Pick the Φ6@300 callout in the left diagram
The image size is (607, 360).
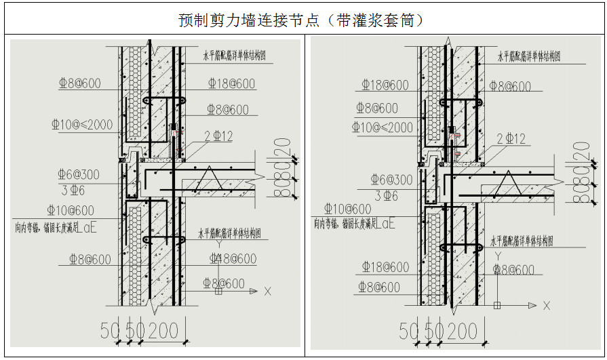pos(79,174)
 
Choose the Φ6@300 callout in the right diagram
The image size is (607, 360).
pos(391,180)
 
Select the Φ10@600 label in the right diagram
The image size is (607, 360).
pos(348,209)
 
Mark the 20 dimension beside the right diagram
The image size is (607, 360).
pos(581,150)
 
